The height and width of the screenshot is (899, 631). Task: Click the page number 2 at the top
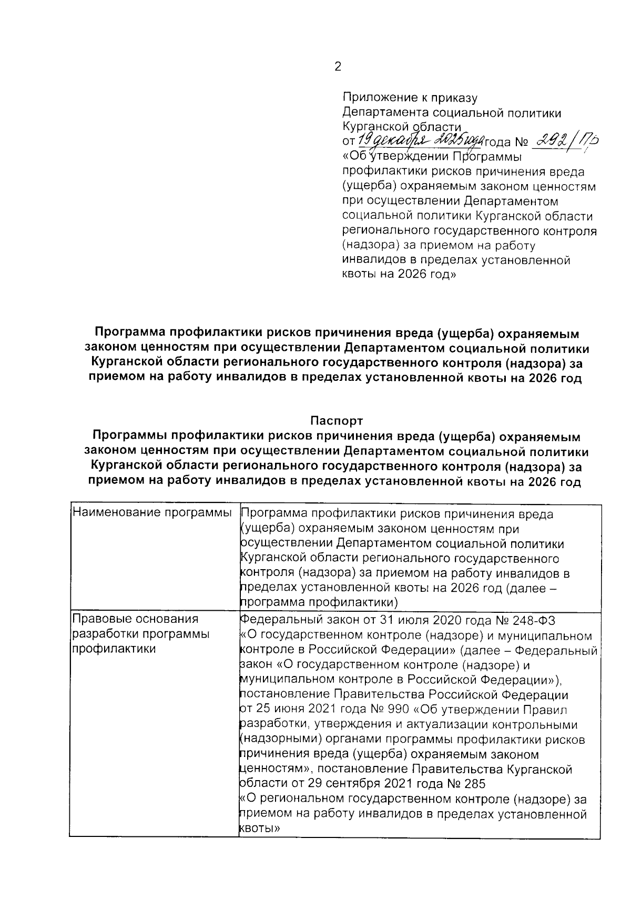(338, 67)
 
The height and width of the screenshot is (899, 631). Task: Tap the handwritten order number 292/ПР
(567, 140)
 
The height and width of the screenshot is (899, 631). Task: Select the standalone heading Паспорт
(337, 421)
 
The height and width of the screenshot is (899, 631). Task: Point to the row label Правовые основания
(135, 619)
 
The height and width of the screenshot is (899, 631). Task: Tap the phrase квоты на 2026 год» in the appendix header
(399, 275)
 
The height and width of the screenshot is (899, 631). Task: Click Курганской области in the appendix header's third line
(402, 127)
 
